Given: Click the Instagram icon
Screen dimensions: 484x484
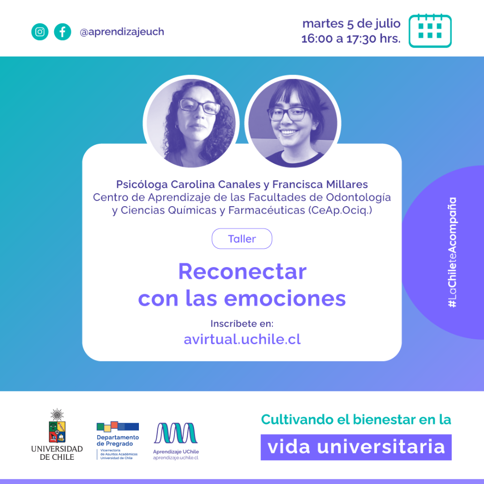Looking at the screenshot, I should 40,32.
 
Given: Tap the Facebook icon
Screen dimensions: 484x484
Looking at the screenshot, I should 62,32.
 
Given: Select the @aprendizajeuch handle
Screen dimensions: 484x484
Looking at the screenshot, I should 122,32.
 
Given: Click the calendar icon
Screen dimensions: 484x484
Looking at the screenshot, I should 430,30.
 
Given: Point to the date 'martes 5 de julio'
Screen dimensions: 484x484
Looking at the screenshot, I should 351,23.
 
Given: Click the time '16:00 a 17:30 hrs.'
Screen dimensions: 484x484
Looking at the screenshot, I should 351,39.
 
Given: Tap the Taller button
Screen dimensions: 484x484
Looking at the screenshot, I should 242,239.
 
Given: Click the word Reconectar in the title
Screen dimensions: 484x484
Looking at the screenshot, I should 242,272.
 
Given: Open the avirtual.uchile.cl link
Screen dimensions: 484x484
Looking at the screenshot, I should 242,339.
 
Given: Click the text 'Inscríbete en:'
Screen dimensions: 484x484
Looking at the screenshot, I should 242,323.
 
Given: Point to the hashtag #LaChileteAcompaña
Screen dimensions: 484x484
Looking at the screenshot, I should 452,252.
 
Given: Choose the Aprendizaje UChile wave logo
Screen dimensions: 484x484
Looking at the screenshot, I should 175,434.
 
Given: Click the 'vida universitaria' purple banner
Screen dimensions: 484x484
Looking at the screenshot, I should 356,447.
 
